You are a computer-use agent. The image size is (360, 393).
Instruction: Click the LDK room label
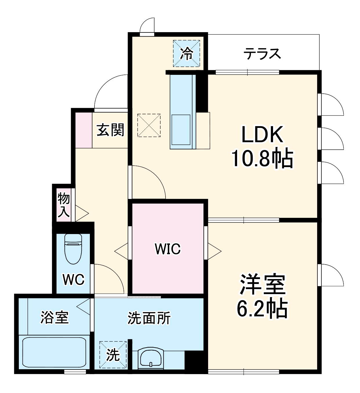pyautogui.click(x=262, y=135)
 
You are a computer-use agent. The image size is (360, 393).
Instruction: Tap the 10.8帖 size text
pyautogui.click(x=262, y=159)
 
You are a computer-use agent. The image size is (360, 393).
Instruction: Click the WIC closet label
pyautogui.click(x=168, y=249)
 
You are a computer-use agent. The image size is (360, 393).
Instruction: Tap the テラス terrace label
pyautogui.click(x=262, y=54)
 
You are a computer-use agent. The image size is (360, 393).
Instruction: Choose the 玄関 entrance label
pyautogui.click(x=110, y=130)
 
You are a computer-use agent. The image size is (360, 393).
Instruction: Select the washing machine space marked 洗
pyautogui.click(x=113, y=355)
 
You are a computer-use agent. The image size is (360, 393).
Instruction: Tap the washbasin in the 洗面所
pyautogui.click(x=150, y=358)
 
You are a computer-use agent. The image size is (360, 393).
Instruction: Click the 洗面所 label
pyautogui.click(x=149, y=318)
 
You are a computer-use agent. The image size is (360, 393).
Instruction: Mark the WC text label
pyautogui.click(x=74, y=280)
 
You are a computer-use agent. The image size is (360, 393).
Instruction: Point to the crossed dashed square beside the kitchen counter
pyautogui.click(x=149, y=125)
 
